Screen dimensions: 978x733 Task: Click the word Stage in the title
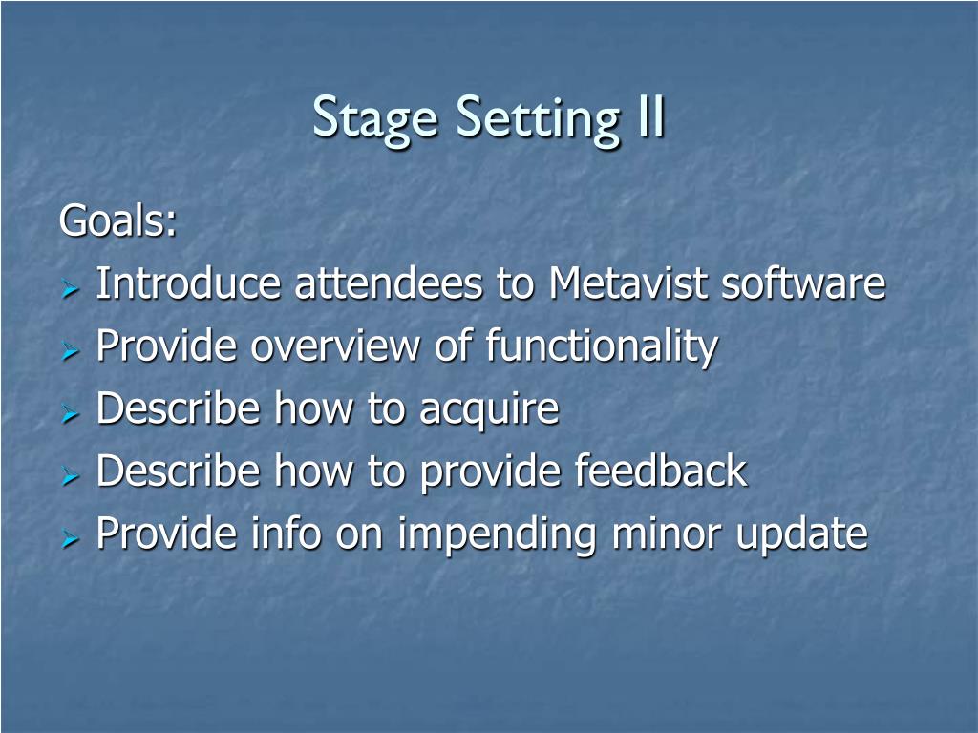tap(375, 118)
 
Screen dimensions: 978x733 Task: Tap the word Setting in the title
tap(539, 118)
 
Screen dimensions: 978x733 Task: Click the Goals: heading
tap(117, 220)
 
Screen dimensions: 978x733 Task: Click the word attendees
tap(388, 283)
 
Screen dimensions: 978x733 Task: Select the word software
tap(803, 283)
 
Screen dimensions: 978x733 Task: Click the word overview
tap(335, 346)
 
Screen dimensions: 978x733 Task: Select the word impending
tap(497, 535)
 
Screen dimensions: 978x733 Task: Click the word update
tap(802, 535)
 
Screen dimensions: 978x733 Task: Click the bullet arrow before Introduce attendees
tap(71, 288)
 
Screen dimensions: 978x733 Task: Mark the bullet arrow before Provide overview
tap(71, 351)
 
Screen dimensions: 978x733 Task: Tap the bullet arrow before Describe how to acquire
tap(71, 414)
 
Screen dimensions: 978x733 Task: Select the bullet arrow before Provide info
tap(71, 539)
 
